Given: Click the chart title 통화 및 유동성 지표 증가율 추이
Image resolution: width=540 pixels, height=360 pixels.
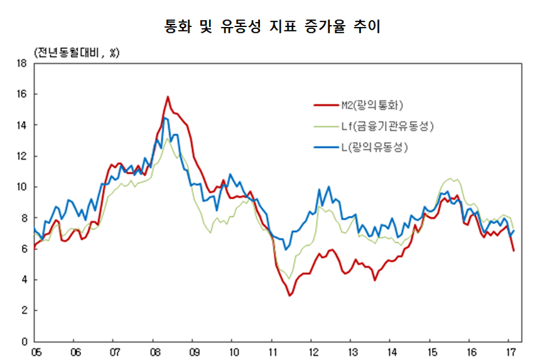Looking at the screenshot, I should tap(269, 26).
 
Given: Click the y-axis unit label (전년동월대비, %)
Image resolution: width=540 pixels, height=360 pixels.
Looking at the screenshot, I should tap(72, 52).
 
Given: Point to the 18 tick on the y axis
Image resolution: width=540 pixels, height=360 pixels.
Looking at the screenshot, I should tap(21, 63).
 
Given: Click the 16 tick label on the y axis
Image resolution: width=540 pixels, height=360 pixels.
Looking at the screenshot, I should tap(21, 94).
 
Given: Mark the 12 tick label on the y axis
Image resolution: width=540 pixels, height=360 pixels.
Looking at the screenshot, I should tap(21, 156).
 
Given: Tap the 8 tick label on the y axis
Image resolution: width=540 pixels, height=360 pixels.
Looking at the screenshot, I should tap(23, 218).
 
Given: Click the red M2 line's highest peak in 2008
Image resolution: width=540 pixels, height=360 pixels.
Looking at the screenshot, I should tap(168, 97).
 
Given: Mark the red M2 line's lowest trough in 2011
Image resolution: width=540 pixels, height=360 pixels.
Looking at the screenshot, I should tap(289, 295).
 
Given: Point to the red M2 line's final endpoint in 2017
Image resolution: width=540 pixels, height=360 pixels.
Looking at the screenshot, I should tap(514, 251).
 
